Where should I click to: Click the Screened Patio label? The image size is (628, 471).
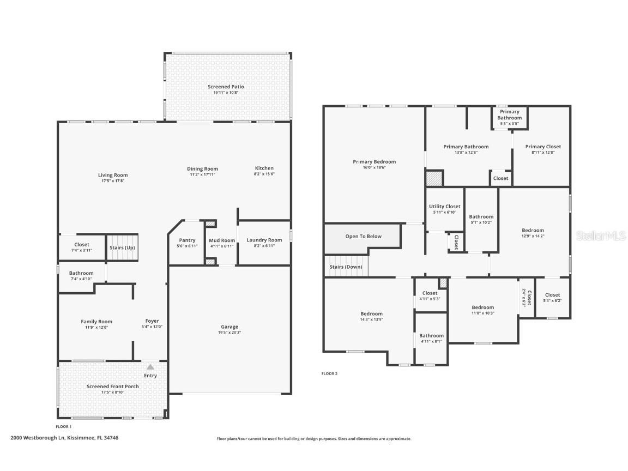pyautogui.click(x=226, y=87)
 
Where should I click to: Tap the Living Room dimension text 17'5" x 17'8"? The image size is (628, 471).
pyautogui.click(x=113, y=181)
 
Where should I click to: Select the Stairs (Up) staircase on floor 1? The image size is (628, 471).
pyautogui.click(x=122, y=247)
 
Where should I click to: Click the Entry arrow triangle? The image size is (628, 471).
pyautogui.click(x=150, y=367)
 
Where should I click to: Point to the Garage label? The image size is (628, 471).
pyautogui.click(x=230, y=327)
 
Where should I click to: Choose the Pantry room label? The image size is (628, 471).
pyautogui.click(x=187, y=240)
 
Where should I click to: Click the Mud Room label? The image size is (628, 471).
pyautogui.click(x=222, y=240)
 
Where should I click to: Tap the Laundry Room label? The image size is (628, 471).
pyautogui.click(x=264, y=240)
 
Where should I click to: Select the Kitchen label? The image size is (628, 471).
pyautogui.click(x=264, y=168)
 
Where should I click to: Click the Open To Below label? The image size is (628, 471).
pyautogui.click(x=363, y=236)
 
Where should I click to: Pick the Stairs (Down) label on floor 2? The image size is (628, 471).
pyautogui.click(x=346, y=267)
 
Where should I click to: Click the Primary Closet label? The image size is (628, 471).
pyautogui.click(x=542, y=146)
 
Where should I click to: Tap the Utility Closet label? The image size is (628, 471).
pyautogui.click(x=444, y=206)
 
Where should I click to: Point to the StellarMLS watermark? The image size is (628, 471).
pyautogui.click(x=601, y=235)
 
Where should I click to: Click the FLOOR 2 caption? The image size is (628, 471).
pyautogui.click(x=329, y=373)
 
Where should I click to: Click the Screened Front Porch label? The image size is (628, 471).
pyautogui.click(x=113, y=386)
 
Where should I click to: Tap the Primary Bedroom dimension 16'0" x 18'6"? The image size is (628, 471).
pyautogui.click(x=374, y=168)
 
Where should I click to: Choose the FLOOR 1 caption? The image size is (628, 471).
pyautogui.click(x=63, y=426)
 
